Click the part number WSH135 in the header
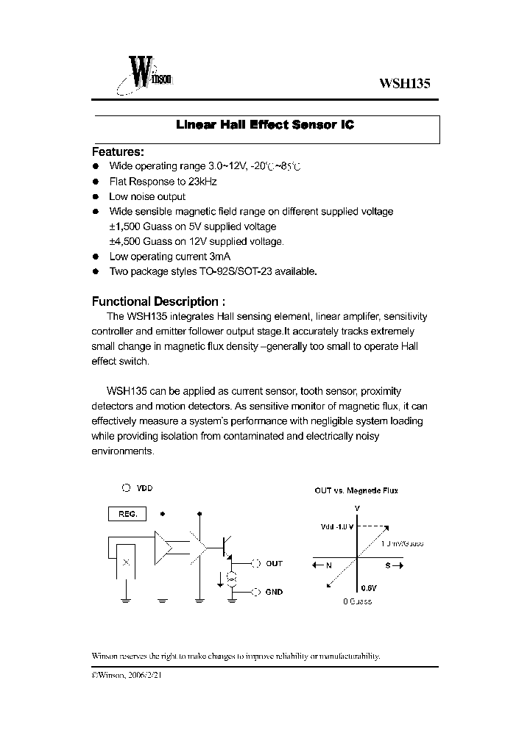(404, 84)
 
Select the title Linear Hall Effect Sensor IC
(265, 125)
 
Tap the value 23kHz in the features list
(202, 182)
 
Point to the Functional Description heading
(158, 301)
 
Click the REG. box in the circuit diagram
(128, 514)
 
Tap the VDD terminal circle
(127, 487)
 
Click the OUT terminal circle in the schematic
(256, 564)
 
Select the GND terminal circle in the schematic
(256, 592)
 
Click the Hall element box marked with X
(126, 562)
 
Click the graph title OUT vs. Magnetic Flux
(356, 490)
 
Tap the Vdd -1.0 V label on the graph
(336, 526)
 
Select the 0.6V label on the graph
(369, 587)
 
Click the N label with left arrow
(323, 565)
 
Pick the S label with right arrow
(393, 565)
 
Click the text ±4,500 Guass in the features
(140, 241)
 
